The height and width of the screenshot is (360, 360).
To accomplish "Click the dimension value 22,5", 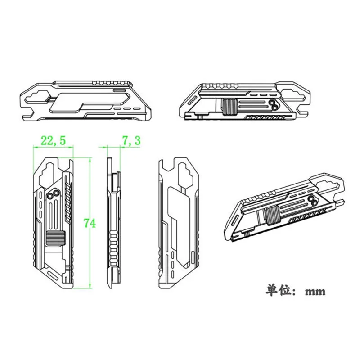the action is tap(53, 140).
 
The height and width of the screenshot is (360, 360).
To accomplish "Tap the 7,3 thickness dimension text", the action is tap(131, 140).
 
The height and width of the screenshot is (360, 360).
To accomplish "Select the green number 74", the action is tap(90, 223).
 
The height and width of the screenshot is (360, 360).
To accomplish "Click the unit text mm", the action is tap(315, 292).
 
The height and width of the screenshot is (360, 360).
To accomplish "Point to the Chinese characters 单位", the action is tap(277, 290).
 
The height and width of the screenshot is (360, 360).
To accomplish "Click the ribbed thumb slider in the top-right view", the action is tap(229, 107).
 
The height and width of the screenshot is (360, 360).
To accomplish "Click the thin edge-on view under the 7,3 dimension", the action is tap(114, 223).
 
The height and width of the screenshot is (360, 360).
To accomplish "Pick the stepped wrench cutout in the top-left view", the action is tap(37, 98).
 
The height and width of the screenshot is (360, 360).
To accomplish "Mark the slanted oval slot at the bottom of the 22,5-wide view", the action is tap(53, 275).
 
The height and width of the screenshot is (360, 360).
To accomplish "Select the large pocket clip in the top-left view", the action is tap(90, 103).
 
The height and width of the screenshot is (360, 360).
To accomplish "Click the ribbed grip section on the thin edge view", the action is tap(113, 246).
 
